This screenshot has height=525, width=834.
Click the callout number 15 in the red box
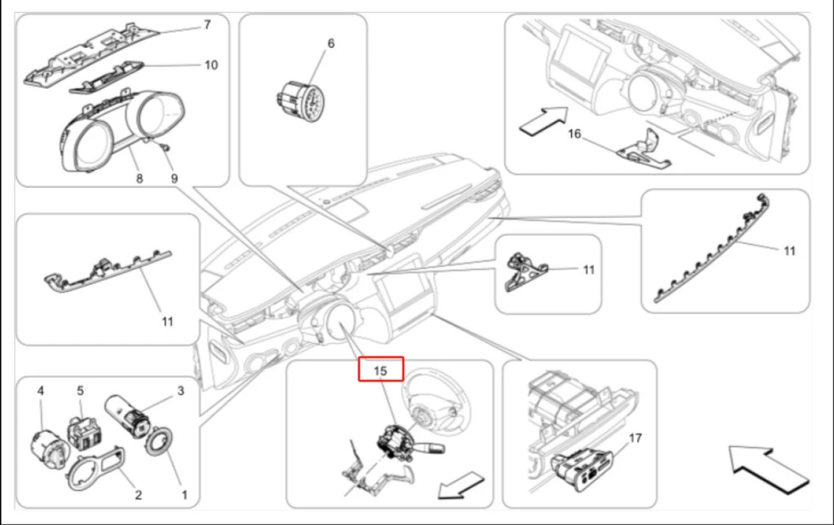380,370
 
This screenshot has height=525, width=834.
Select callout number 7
208,25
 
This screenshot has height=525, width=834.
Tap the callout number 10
211,65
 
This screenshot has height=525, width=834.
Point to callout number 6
331,43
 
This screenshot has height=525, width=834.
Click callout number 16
575,134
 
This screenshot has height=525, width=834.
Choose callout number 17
635,438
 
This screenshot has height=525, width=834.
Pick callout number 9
174,178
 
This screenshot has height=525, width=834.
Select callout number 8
140,178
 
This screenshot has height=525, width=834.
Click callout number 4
41,391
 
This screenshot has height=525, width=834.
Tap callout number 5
81,391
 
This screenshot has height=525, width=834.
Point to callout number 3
180,391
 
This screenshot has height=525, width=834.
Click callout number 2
138,495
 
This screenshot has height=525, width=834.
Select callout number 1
184,495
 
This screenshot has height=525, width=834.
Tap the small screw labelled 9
166,147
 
